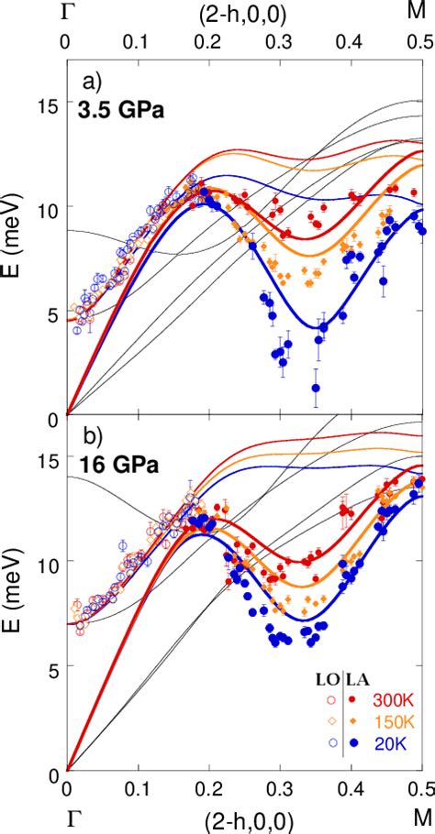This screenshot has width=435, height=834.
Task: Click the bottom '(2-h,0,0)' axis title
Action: pyautogui.click(x=247, y=822)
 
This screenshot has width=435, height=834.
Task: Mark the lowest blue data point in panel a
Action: pyautogui.click(x=316, y=388)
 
